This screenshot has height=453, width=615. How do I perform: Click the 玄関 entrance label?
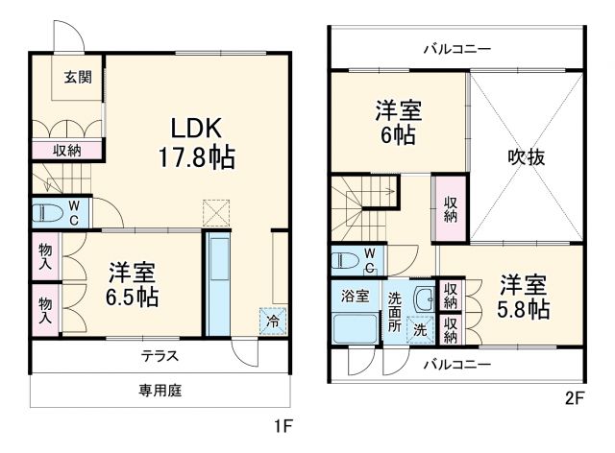(78, 79)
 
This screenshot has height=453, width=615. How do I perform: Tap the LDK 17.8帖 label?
(198, 141)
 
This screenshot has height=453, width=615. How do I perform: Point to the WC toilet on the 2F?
(356, 258)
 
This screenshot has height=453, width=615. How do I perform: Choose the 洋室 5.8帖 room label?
(524, 297)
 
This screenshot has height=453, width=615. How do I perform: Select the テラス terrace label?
(160, 355)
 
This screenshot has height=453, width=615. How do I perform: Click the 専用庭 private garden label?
(160, 391)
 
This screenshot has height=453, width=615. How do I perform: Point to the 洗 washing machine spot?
(420, 330)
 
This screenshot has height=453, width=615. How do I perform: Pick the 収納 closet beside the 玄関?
(66, 150)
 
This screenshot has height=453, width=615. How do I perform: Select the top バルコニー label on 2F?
(456, 48)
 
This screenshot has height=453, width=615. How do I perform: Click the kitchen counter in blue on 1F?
(218, 280)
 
